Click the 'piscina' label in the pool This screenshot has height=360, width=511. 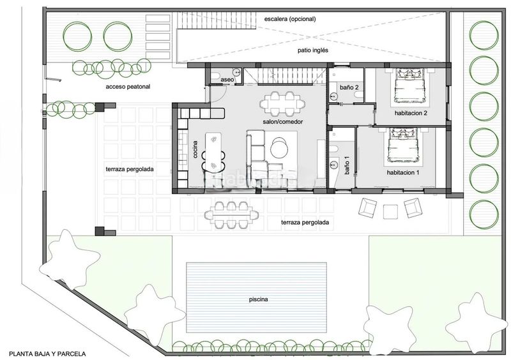click(259, 299)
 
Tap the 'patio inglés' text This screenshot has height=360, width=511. click(313, 50)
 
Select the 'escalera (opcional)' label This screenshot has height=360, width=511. click(290, 19)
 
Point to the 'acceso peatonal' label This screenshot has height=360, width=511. click(128, 87)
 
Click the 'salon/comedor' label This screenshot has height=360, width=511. click(283, 121)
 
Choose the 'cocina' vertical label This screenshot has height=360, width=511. click(195, 149)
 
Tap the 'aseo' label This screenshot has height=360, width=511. click(227, 80)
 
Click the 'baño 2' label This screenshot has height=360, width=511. click(349, 87)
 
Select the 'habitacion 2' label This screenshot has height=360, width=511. click(411, 114)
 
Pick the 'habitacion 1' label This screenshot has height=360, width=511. click(403, 173)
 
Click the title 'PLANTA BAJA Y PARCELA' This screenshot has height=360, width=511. click(47, 354)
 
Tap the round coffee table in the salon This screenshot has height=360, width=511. click(279, 147)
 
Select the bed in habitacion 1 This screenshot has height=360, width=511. click(403, 145)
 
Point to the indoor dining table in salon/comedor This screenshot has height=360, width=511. click(282, 104)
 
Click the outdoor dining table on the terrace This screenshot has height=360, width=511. click(231, 215)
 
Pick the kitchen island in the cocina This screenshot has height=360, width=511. click(213, 152)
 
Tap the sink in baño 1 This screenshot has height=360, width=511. click(333, 164)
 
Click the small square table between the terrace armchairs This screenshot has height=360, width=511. click(390, 212)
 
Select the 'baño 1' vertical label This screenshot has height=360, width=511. click(347, 165)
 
